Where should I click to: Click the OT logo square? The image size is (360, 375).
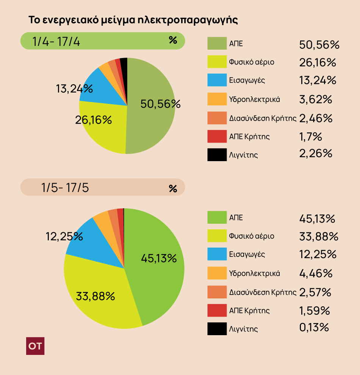(x=35, y=345)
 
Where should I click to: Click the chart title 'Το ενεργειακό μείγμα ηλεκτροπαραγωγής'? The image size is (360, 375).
(x=133, y=20)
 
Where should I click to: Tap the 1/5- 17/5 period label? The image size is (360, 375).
(x=65, y=188)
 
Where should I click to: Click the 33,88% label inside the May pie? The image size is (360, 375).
(x=95, y=296)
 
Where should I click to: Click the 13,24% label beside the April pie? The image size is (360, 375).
(x=74, y=89)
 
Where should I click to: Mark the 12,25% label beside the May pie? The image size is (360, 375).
(x=64, y=236)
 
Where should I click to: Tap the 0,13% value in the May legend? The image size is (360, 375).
(x=314, y=327)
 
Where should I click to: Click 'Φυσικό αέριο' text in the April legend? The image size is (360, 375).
(x=251, y=62)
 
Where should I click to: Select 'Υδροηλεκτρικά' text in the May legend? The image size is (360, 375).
(x=254, y=273)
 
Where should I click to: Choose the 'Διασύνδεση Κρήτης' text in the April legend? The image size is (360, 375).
(x=263, y=118)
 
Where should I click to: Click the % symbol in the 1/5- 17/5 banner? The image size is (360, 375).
(x=173, y=188)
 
